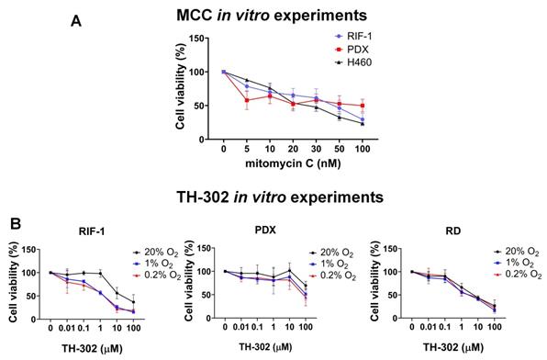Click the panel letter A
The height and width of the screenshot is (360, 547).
(76, 21)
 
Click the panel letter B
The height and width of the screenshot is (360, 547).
(16, 224)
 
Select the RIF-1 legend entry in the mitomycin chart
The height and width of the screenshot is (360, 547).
(352, 37)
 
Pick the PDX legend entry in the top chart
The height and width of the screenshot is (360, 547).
(352, 50)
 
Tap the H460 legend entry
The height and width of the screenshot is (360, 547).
(352, 62)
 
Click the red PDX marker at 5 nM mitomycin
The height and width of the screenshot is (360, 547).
(247, 100)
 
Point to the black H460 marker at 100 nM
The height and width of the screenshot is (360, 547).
(363, 124)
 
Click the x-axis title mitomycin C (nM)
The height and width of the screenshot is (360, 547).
(293, 163)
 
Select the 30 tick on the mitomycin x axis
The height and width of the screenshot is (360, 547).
(316, 149)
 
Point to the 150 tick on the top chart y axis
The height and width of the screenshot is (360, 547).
(196, 39)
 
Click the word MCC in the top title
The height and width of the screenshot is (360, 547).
(194, 16)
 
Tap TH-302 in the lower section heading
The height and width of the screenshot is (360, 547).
(203, 197)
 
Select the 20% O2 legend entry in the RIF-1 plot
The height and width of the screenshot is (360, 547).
(156, 253)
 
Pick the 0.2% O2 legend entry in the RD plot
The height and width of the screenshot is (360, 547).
(518, 274)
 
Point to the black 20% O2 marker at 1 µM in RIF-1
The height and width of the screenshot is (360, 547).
(100, 274)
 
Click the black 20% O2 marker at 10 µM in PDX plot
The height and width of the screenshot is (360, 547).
(289, 270)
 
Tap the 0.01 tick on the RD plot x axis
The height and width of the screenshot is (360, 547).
(429, 327)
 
